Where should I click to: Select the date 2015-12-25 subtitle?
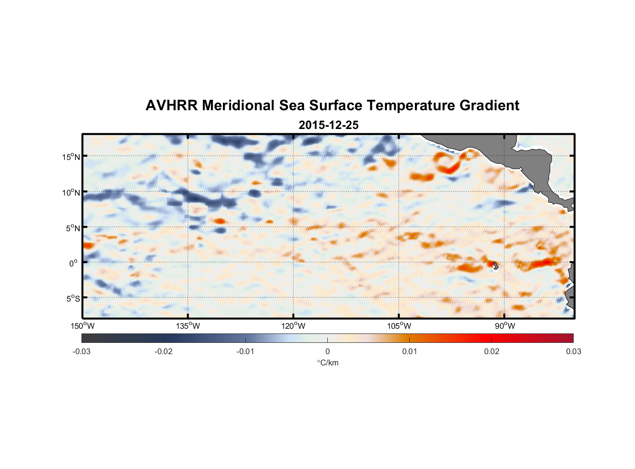click(x=328, y=125)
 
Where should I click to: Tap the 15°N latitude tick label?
click(x=71, y=157)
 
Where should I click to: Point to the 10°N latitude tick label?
click(x=71, y=193)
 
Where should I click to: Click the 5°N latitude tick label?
click(x=73, y=228)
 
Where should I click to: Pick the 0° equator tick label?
click(x=74, y=264)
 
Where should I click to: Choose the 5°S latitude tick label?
click(x=73, y=299)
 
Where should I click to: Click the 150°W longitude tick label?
click(x=83, y=326)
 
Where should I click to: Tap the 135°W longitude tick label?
click(x=188, y=326)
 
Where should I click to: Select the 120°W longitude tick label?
click(x=294, y=326)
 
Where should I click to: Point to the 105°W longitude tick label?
click(x=399, y=326)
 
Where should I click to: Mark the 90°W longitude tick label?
click(x=505, y=326)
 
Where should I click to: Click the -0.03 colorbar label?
click(x=81, y=351)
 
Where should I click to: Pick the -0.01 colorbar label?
click(x=245, y=351)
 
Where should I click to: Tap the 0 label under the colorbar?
click(x=327, y=351)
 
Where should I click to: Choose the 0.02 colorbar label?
click(x=492, y=351)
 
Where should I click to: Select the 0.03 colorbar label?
click(x=573, y=351)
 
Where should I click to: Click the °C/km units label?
click(x=327, y=363)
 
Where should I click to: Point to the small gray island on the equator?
click(x=495, y=265)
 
